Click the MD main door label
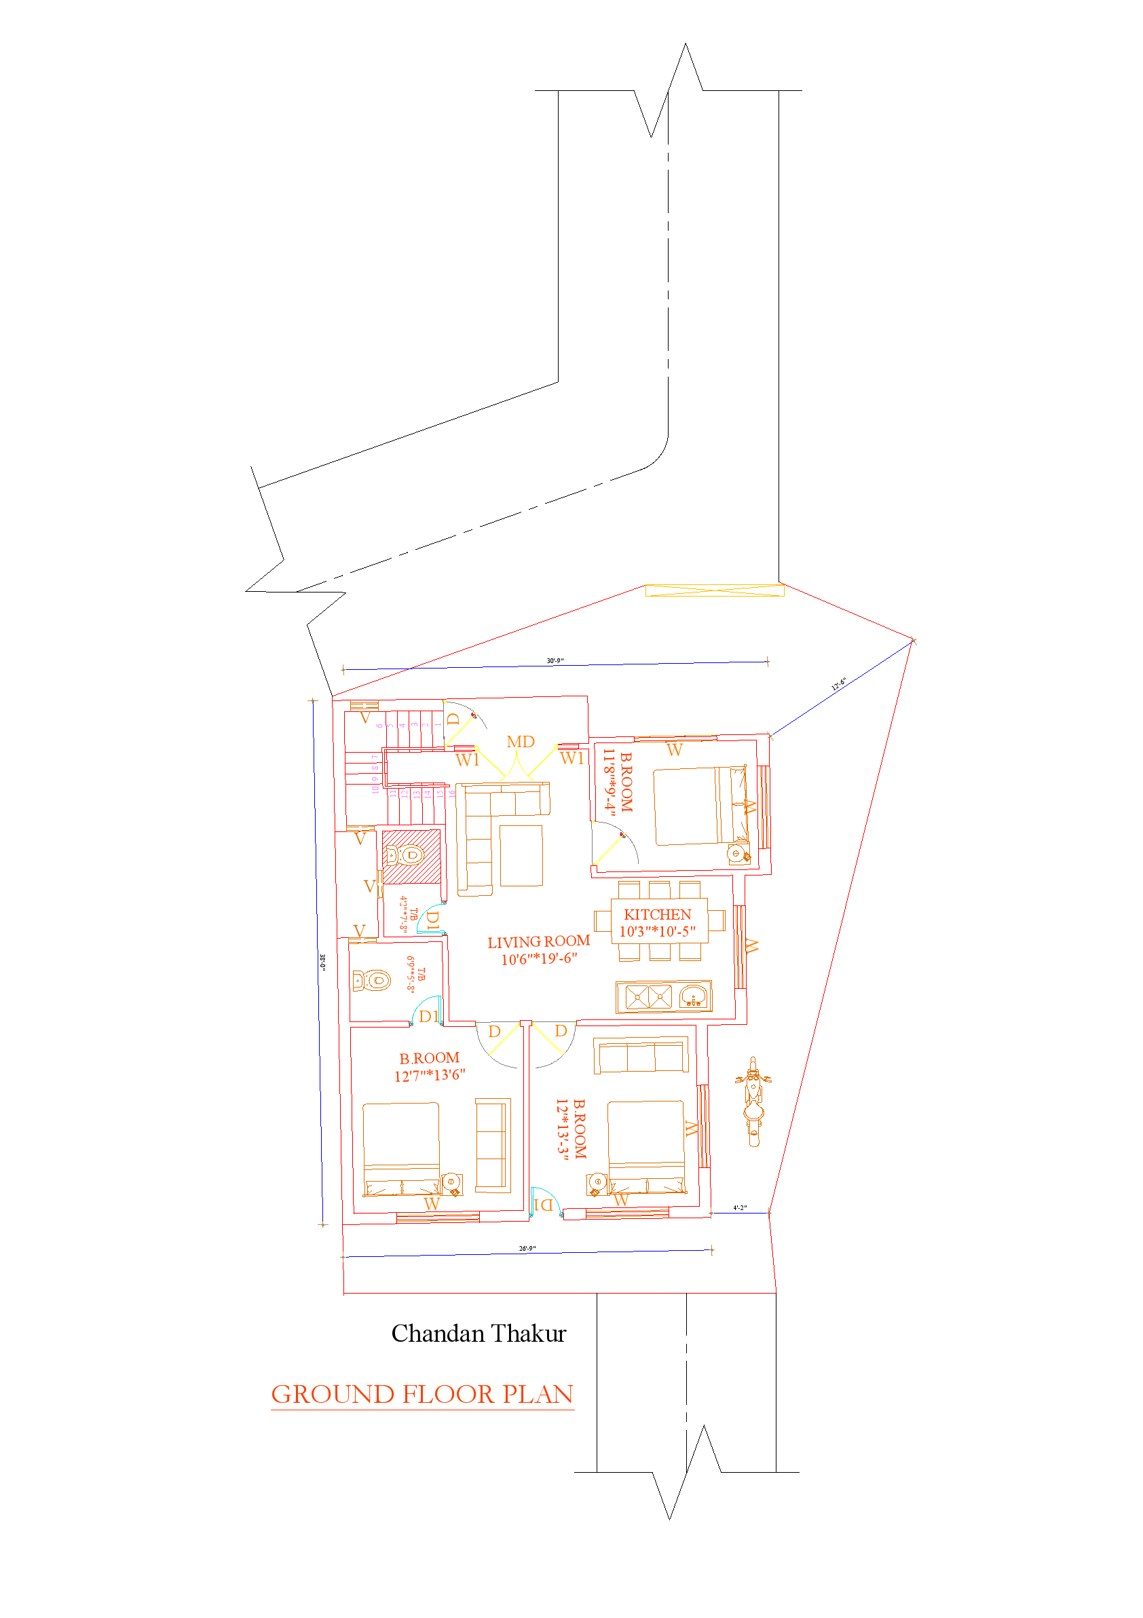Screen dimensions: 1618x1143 click(520, 742)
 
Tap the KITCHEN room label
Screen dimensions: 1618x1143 click(657, 915)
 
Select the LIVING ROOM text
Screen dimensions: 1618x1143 click(538, 942)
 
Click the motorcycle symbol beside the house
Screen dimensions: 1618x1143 click(753, 1101)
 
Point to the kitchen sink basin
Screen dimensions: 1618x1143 click(694, 996)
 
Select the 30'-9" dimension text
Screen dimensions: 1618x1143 click(555, 661)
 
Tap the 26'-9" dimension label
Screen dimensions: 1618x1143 click(527, 1249)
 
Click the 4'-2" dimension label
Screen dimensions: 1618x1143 click(739, 1208)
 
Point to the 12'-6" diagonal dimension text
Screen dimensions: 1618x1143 click(838, 683)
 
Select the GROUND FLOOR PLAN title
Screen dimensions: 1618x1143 click(422, 1395)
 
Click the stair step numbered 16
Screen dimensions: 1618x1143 click(452, 793)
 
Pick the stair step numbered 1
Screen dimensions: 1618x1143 click(438, 724)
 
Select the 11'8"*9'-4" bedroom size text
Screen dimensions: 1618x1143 click(609, 782)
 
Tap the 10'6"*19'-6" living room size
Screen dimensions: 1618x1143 click(539, 959)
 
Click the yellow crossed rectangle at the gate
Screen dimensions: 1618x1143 click(715, 590)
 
